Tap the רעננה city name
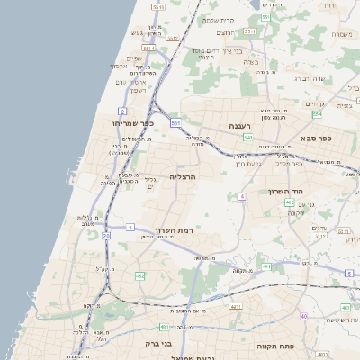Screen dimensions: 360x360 click(x=238, y=126)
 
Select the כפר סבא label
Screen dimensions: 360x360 click(x=317, y=139)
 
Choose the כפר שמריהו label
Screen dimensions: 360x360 click(x=134, y=122)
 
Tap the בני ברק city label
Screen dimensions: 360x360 click(x=157, y=343)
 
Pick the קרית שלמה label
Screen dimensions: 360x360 click(x=218, y=20)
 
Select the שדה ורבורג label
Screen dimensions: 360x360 click(x=314, y=78)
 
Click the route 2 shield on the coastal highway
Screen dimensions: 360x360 click(x=121, y=112)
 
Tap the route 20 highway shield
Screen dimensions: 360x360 click(x=105, y=236)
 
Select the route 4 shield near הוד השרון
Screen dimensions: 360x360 click(x=242, y=196)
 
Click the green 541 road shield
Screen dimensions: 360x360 click(x=247, y=138)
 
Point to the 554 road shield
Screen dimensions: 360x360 click(x=316, y=114)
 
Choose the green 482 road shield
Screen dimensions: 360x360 click(x=140, y=275)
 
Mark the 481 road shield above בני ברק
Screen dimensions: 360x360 click(x=164, y=327)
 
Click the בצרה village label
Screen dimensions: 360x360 click(x=251, y=62)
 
